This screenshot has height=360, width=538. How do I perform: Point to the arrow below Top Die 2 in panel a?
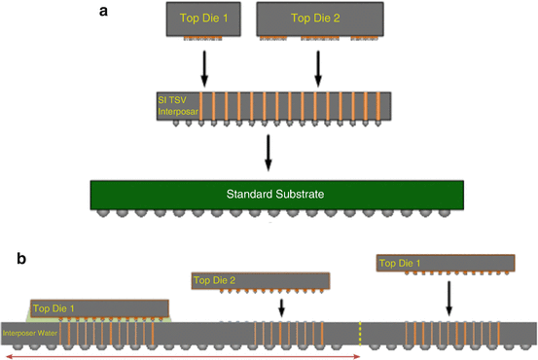[318, 67]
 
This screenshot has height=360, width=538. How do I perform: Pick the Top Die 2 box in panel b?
[262, 280]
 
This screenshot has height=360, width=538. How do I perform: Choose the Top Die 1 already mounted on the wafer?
[95, 308]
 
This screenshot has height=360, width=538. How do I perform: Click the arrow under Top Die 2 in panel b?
[281, 308]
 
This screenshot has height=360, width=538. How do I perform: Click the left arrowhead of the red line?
[8, 356]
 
